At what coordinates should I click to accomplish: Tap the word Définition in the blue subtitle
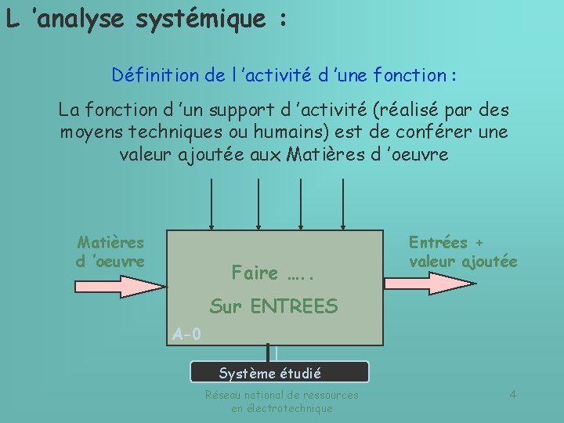pos(150,75)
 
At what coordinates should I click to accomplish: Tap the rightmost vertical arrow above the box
pos(343,204)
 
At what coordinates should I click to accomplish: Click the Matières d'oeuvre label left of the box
pos(110,251)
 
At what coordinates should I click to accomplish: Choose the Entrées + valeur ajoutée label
pos(463,252)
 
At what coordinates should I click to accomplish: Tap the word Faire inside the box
pos(255,273)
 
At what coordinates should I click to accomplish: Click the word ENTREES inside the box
pos(294,307)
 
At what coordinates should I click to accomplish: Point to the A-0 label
pos(186,334)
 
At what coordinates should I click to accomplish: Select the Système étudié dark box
pos(280,372)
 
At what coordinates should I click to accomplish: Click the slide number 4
pos(512,394)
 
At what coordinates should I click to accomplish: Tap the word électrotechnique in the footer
pos(282,408)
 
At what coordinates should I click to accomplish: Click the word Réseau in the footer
pos(223,395)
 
